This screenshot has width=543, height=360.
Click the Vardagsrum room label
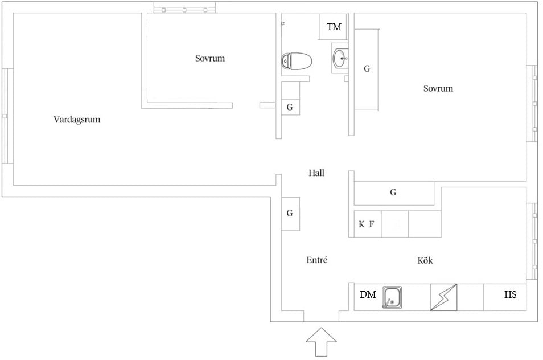[x=77, y=120]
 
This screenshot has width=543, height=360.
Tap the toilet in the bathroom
[x=297, y=62]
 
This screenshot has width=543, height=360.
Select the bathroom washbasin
[x=340, y=58]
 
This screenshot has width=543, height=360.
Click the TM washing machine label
[x=334, y=27]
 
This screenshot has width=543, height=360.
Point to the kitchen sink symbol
[x=392, y=297]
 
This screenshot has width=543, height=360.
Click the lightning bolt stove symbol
[x=443, y=297]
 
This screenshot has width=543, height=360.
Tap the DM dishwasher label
[x=368, y=294]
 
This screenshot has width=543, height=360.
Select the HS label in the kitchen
[x=511, y=294]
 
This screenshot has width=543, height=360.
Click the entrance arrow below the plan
[x=321, y=342]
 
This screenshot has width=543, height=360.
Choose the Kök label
[x=425, y=260]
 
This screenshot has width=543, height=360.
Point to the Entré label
[x=317, y=260]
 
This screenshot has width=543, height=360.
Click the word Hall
[x=316, y=173]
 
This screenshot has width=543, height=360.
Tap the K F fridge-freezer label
[x=366, y=224]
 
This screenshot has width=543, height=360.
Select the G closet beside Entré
[x=290, y=214]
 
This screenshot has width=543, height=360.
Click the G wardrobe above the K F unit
[x=394, y=193]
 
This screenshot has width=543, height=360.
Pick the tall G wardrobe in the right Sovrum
[x=367, y=69]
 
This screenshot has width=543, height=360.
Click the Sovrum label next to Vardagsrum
[x=210, y=58]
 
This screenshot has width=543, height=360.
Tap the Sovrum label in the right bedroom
[x=438, y=88]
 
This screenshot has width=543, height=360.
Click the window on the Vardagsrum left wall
[x=7, y=116]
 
